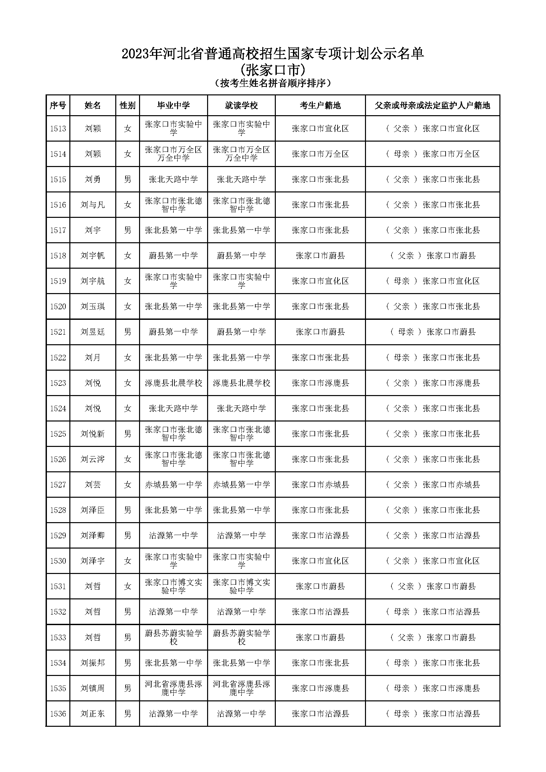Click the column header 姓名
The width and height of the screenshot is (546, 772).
pos(92,106)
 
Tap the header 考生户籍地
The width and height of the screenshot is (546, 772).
pos(320,106)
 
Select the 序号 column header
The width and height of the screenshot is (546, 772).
pos(58,106)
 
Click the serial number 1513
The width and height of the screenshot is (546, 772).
pos(58,129)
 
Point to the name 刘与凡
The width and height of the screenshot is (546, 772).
pos(92,205)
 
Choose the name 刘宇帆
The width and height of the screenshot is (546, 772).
pos(92,256)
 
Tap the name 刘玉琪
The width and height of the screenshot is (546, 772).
pos(92,307)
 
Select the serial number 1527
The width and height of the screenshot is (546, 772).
pos(58,485)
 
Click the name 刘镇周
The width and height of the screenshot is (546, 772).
pos(92,688)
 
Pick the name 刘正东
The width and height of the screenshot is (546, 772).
pos(92,714)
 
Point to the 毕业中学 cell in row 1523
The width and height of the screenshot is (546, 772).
pos(174,383)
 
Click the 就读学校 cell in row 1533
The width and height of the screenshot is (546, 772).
pos(241,637)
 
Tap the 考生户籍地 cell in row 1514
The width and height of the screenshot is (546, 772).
pos(320,154)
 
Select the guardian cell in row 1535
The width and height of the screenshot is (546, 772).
pos(433,688)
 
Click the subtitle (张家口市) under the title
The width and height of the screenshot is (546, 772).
pos(273,70)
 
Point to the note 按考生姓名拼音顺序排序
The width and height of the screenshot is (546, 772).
pos(273,83)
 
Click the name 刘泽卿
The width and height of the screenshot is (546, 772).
pos(92,536)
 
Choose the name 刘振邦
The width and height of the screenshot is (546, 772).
pos(92,663)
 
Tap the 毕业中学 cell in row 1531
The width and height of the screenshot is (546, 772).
pos(174,587)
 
